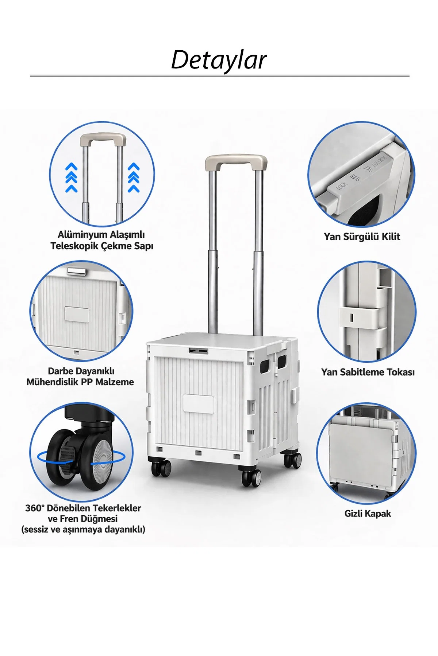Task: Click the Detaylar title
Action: [219, 59]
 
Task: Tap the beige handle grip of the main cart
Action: [236, 160]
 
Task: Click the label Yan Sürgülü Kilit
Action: [362, 237]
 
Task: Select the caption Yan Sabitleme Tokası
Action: [368, 372]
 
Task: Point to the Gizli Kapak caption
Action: [368, 514]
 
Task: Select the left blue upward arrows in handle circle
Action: [72, 177]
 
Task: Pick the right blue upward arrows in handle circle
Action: [134, 177]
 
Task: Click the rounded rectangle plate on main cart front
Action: [199, 403]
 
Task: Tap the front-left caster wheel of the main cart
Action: [161, 468]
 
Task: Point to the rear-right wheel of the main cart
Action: [293, 460]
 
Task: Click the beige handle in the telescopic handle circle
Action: [103, 140]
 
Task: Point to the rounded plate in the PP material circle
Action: [77, 314]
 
